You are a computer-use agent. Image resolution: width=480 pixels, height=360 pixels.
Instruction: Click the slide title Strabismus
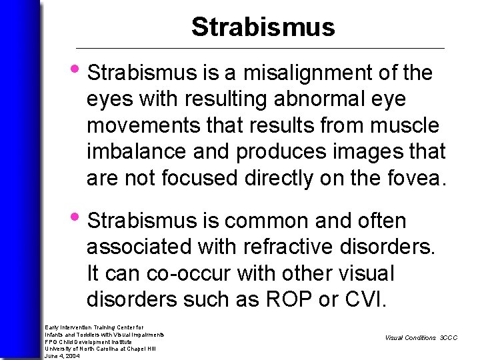[x=263, y=27]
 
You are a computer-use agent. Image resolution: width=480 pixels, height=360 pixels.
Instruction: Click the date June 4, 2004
[x=62, y=356]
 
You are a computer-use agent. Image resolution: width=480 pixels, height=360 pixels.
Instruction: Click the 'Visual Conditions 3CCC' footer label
[x=421, y=338]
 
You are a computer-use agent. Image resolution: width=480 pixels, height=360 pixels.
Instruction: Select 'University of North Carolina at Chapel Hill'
[x=99, y=349]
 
